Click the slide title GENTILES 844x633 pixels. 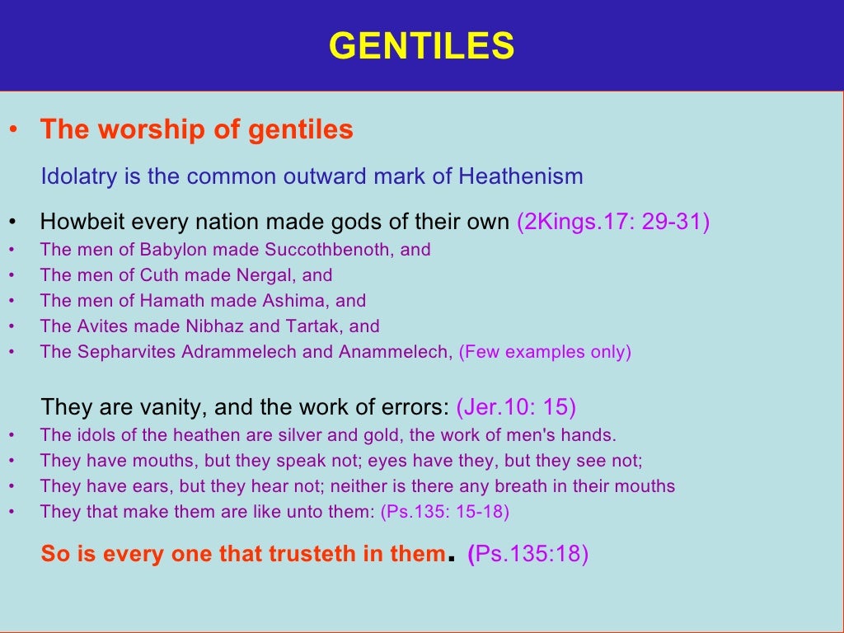tap(421, 46)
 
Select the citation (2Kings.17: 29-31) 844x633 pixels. tap(613, 223)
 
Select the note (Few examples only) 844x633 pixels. tap(545, 352)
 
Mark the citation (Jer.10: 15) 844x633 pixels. tap(516, 406)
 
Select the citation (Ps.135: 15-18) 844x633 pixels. tap(445, 512)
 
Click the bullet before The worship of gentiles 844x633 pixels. tap(12, 131)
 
